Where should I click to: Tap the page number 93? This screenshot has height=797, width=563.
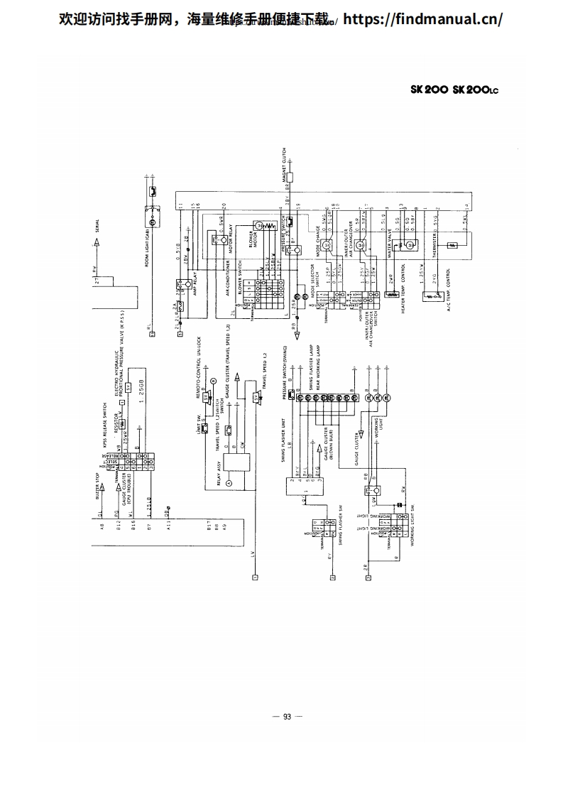point(287,717)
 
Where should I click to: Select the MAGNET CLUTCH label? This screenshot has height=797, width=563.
point(284,165)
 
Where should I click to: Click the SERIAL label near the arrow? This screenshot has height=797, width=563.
point(97,228)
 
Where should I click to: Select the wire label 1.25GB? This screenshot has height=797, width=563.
point(143,397)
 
